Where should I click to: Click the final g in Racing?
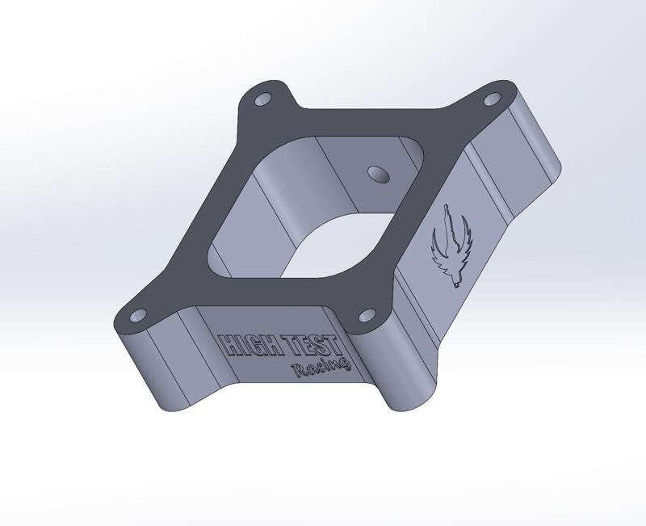coord(345,365)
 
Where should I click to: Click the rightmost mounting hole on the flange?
coord(490,101)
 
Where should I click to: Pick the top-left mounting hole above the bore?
coord(264,101)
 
